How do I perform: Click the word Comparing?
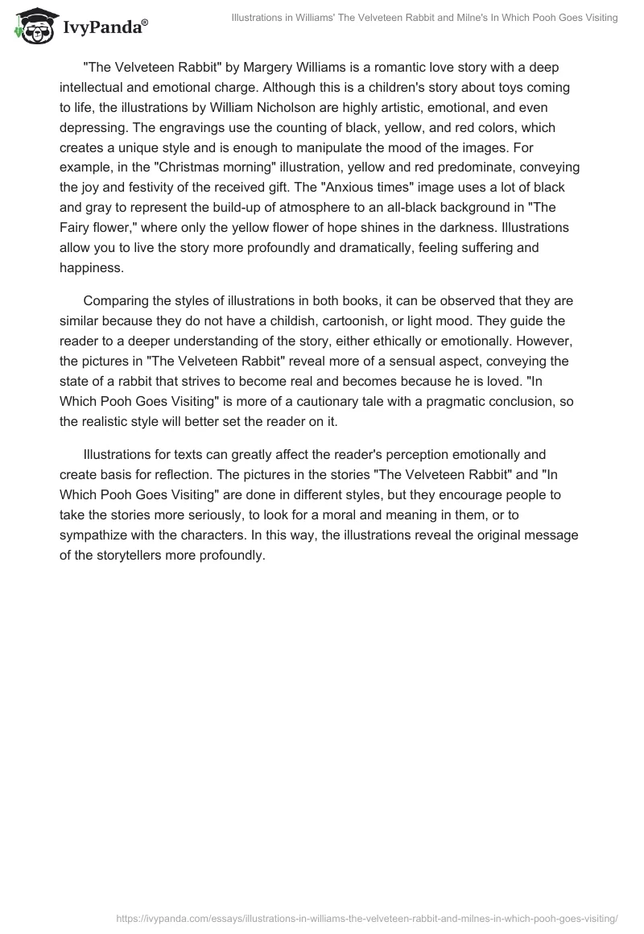[x=118, y=302]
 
